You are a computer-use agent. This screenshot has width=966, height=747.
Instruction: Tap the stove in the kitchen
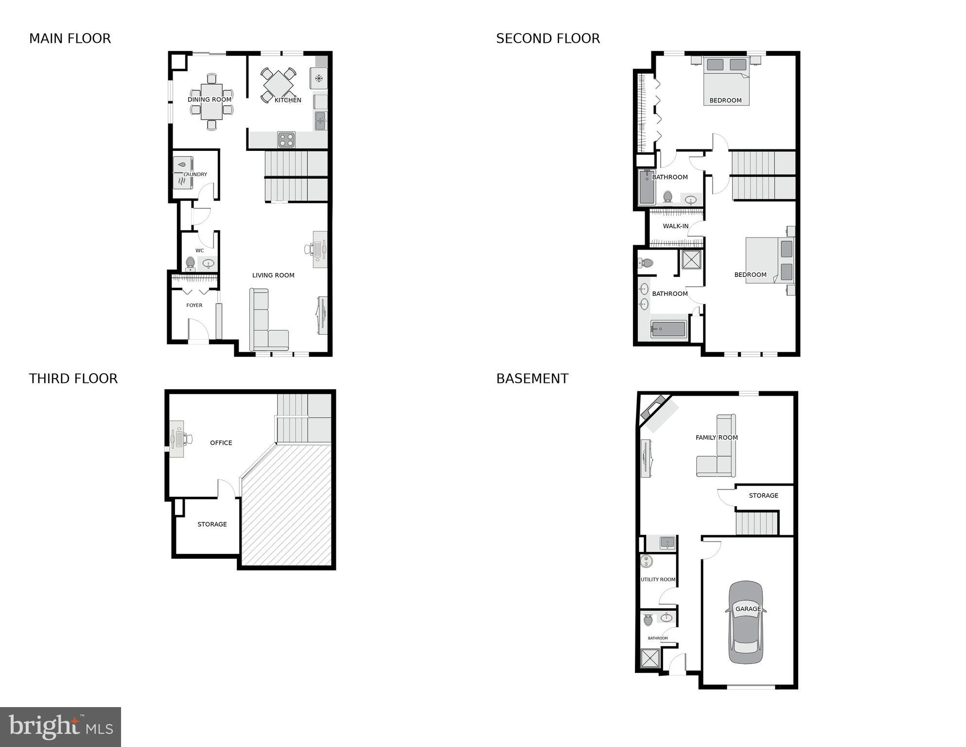(286, 140)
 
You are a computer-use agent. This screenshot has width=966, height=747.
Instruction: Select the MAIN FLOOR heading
(70, 38)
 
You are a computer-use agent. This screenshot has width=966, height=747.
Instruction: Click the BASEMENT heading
(532, 379)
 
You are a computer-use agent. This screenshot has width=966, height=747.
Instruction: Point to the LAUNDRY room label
(195, 174)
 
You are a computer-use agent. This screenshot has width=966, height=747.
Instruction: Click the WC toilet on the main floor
(190, 263)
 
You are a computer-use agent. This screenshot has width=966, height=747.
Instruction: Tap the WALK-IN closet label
(675, 226)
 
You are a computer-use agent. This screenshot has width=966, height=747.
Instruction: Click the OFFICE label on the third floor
(221, 442)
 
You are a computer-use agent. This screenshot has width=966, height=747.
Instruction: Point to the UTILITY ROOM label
(658, 579)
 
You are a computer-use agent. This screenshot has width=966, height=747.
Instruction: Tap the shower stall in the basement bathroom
(650, 658)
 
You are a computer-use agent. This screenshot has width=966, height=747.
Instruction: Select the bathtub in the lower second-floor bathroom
(668, 329)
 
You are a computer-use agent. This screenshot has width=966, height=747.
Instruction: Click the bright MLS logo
(60, 727)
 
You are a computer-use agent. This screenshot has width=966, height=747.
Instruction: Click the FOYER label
(194, 305)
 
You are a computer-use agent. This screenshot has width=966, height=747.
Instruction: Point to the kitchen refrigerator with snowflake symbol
(318, 78)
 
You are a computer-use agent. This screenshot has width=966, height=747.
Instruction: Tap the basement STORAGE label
(763, 495)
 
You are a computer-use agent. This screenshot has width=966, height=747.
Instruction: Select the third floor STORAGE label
(212, 524)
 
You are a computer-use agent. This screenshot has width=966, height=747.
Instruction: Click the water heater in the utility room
(646, 561)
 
